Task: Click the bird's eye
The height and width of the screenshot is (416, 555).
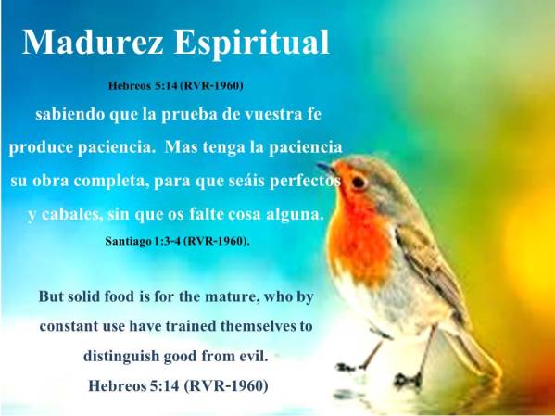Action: coord(358,182)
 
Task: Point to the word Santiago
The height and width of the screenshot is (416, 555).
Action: coord(132,240)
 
